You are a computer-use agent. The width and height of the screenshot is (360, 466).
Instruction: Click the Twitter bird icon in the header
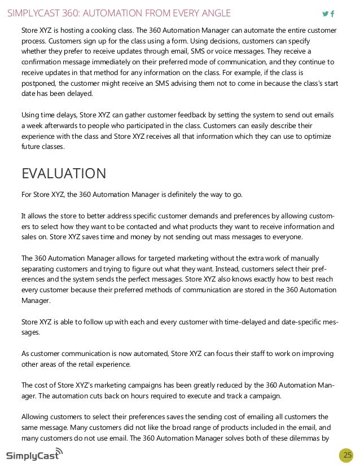coord(324,14)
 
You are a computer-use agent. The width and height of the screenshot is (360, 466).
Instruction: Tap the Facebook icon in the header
coord(332,14)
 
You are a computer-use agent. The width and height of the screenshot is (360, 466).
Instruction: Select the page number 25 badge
coord(347,455)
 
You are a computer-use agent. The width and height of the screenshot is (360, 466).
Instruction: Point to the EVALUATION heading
coord(63,173)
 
